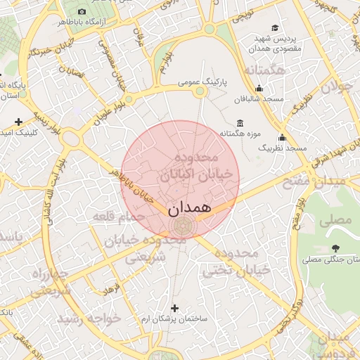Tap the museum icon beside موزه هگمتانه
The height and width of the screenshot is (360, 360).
[240, 124]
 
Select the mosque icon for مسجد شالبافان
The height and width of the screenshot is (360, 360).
[259, 88]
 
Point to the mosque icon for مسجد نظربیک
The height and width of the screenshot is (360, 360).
[282, 137]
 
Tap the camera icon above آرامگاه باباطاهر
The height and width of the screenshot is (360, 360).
[82, 12]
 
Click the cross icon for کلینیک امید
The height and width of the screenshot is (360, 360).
[18, 122]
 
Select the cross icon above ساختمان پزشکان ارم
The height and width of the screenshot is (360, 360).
[174, 308]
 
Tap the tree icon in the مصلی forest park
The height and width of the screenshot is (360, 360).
[335, 248]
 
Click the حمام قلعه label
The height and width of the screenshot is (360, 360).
[113, 217]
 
